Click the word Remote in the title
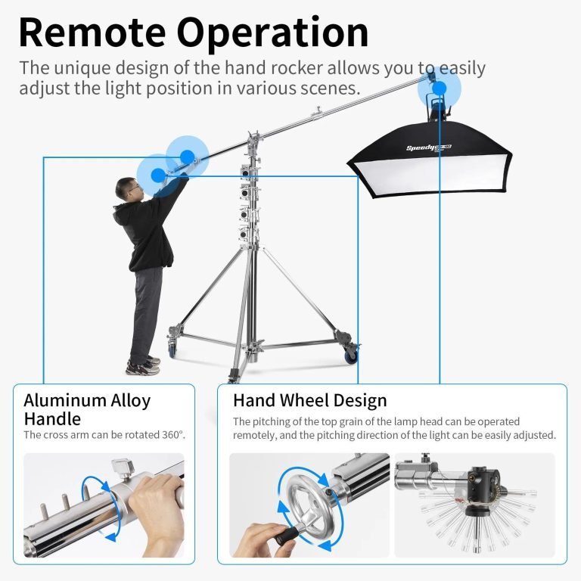coord(92,33)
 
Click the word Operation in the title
coord(272,33)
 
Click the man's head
coord(128,189)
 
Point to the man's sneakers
coord(143,365)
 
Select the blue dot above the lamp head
coord(440,89)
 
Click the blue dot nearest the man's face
coord(158,176)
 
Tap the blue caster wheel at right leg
coord(351,355)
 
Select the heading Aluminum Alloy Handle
coord(88,409)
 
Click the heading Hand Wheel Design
coord(309,400)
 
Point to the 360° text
coord(173,435)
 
